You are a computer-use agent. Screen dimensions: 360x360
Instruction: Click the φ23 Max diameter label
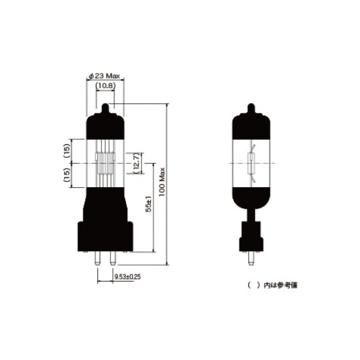tap(105, 76)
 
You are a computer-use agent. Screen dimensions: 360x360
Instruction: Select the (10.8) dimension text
tap(106, 86)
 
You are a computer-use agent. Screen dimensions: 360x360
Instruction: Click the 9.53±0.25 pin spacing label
tap(127, 277)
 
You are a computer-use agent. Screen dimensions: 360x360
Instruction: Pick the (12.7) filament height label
tap(137, 163)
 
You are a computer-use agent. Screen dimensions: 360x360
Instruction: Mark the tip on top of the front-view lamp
tap(106, 109)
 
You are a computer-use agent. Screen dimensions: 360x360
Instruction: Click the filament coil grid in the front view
tap(106, 163)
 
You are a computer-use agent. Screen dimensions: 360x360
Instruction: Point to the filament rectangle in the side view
tap(251, 163)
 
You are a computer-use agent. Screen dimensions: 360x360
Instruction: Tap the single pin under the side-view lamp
tap(251, 260)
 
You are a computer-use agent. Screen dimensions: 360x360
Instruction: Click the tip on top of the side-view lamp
tap(251, 109)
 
